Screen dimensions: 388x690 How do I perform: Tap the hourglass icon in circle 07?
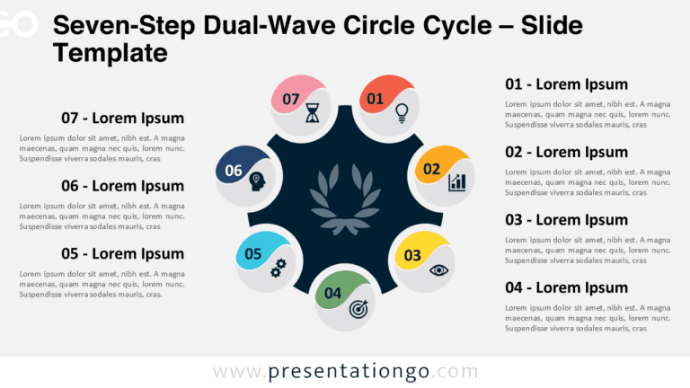312,112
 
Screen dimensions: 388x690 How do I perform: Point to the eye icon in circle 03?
438,269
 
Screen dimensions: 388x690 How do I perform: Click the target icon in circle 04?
358,308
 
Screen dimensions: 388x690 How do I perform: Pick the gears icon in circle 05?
279,267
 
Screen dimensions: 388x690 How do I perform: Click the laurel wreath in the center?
345,200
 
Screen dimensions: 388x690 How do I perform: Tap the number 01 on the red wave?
375,98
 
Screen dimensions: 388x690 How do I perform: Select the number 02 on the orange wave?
431,168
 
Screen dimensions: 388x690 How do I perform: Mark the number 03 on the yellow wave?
412,255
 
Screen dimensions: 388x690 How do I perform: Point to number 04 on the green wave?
332,293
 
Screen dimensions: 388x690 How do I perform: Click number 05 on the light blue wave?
252,253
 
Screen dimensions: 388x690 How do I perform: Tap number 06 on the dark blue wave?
234,170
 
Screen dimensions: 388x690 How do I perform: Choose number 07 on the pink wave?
290,99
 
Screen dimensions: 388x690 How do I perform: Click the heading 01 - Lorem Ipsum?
566,84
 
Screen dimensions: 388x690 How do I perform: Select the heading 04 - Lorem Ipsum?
566,287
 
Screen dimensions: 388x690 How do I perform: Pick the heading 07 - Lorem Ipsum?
122,118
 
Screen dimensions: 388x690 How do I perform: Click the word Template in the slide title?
110,54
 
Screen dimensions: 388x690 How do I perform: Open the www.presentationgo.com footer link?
346,371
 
